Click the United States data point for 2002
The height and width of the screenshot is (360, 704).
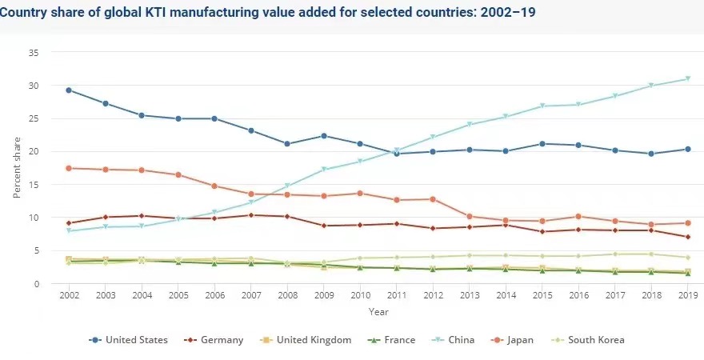coord(69,90)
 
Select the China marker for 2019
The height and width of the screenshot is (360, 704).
coord(688,78)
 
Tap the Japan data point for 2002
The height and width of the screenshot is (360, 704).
coord(69,168)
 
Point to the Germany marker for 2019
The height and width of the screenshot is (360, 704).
coord(688,237)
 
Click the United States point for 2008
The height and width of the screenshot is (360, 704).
coord(287,144)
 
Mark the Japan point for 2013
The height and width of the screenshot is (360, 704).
coord(470,216)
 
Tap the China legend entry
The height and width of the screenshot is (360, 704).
coord(458,340)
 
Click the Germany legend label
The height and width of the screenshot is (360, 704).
coord(219,340)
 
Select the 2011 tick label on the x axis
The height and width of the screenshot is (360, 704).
coord(397,297)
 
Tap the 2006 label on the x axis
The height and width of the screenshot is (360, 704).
coord(214,297)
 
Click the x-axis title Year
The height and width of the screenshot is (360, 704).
coord(378,311)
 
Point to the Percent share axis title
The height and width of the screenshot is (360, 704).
coord(17,168)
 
